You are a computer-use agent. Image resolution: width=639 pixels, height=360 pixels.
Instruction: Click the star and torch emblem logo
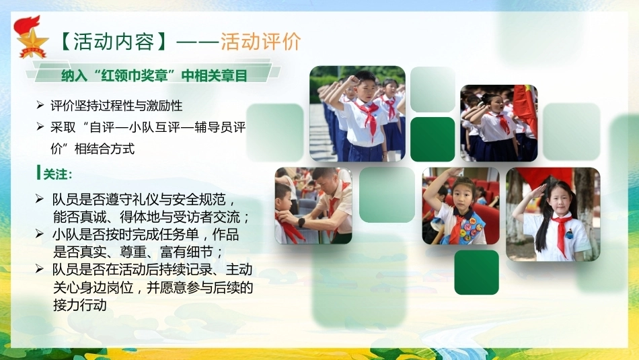coord(30,37)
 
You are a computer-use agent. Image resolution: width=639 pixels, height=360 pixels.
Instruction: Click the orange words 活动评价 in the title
coord(261,41)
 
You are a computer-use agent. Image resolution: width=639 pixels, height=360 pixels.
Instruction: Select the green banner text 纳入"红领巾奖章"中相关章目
coord(154,75)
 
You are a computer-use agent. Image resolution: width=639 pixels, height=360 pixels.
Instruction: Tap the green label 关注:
coord(58,174)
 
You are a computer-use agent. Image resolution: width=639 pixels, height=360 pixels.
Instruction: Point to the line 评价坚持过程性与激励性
coord(116,106)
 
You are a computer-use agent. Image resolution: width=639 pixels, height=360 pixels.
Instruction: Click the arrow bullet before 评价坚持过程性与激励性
coord(40,105)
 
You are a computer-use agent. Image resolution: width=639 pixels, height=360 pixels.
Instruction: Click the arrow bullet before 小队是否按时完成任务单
coord(40,233)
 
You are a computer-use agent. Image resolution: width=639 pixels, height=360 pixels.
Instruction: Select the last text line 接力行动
coord(80,305)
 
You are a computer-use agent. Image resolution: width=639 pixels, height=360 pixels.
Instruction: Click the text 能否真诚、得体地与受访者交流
coord(151,217)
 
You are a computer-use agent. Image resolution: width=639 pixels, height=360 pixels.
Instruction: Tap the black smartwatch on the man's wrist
coord(301,222)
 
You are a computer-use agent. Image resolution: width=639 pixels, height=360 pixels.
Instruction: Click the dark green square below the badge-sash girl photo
coord(476,273)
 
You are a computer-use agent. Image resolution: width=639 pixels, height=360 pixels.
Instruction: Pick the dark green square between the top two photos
coord(433,139)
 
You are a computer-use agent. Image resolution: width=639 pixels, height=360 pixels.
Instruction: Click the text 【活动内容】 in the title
coord(113,42)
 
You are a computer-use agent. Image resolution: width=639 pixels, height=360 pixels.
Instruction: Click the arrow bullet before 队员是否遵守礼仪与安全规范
coord(40,199)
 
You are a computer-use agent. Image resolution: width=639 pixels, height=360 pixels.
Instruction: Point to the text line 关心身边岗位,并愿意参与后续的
coord(153,287)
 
